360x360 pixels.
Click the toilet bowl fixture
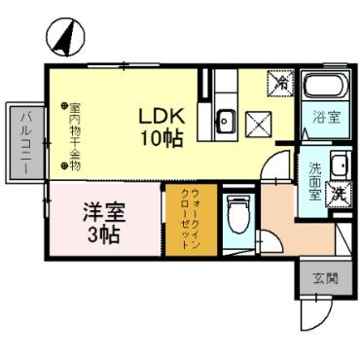coord(235,215)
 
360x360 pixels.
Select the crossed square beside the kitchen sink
coord(258,124)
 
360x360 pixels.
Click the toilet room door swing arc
coord(275,167)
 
